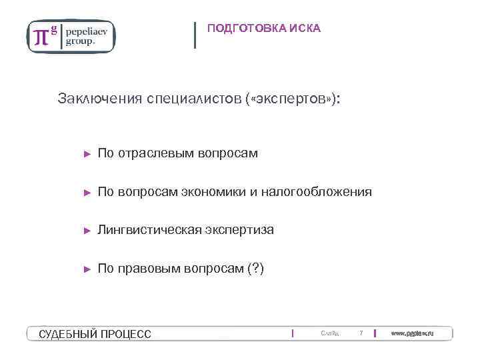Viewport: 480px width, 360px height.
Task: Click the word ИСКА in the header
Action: (306, 28)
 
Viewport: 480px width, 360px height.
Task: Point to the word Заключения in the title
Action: (99, 99)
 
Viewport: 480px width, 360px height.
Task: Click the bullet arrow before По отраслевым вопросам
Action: (86, 154)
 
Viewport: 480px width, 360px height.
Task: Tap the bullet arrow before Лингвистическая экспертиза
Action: (86, 231)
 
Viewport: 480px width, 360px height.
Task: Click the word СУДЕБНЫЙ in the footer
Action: (67, 333)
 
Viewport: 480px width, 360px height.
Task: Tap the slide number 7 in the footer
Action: (361, 333)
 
